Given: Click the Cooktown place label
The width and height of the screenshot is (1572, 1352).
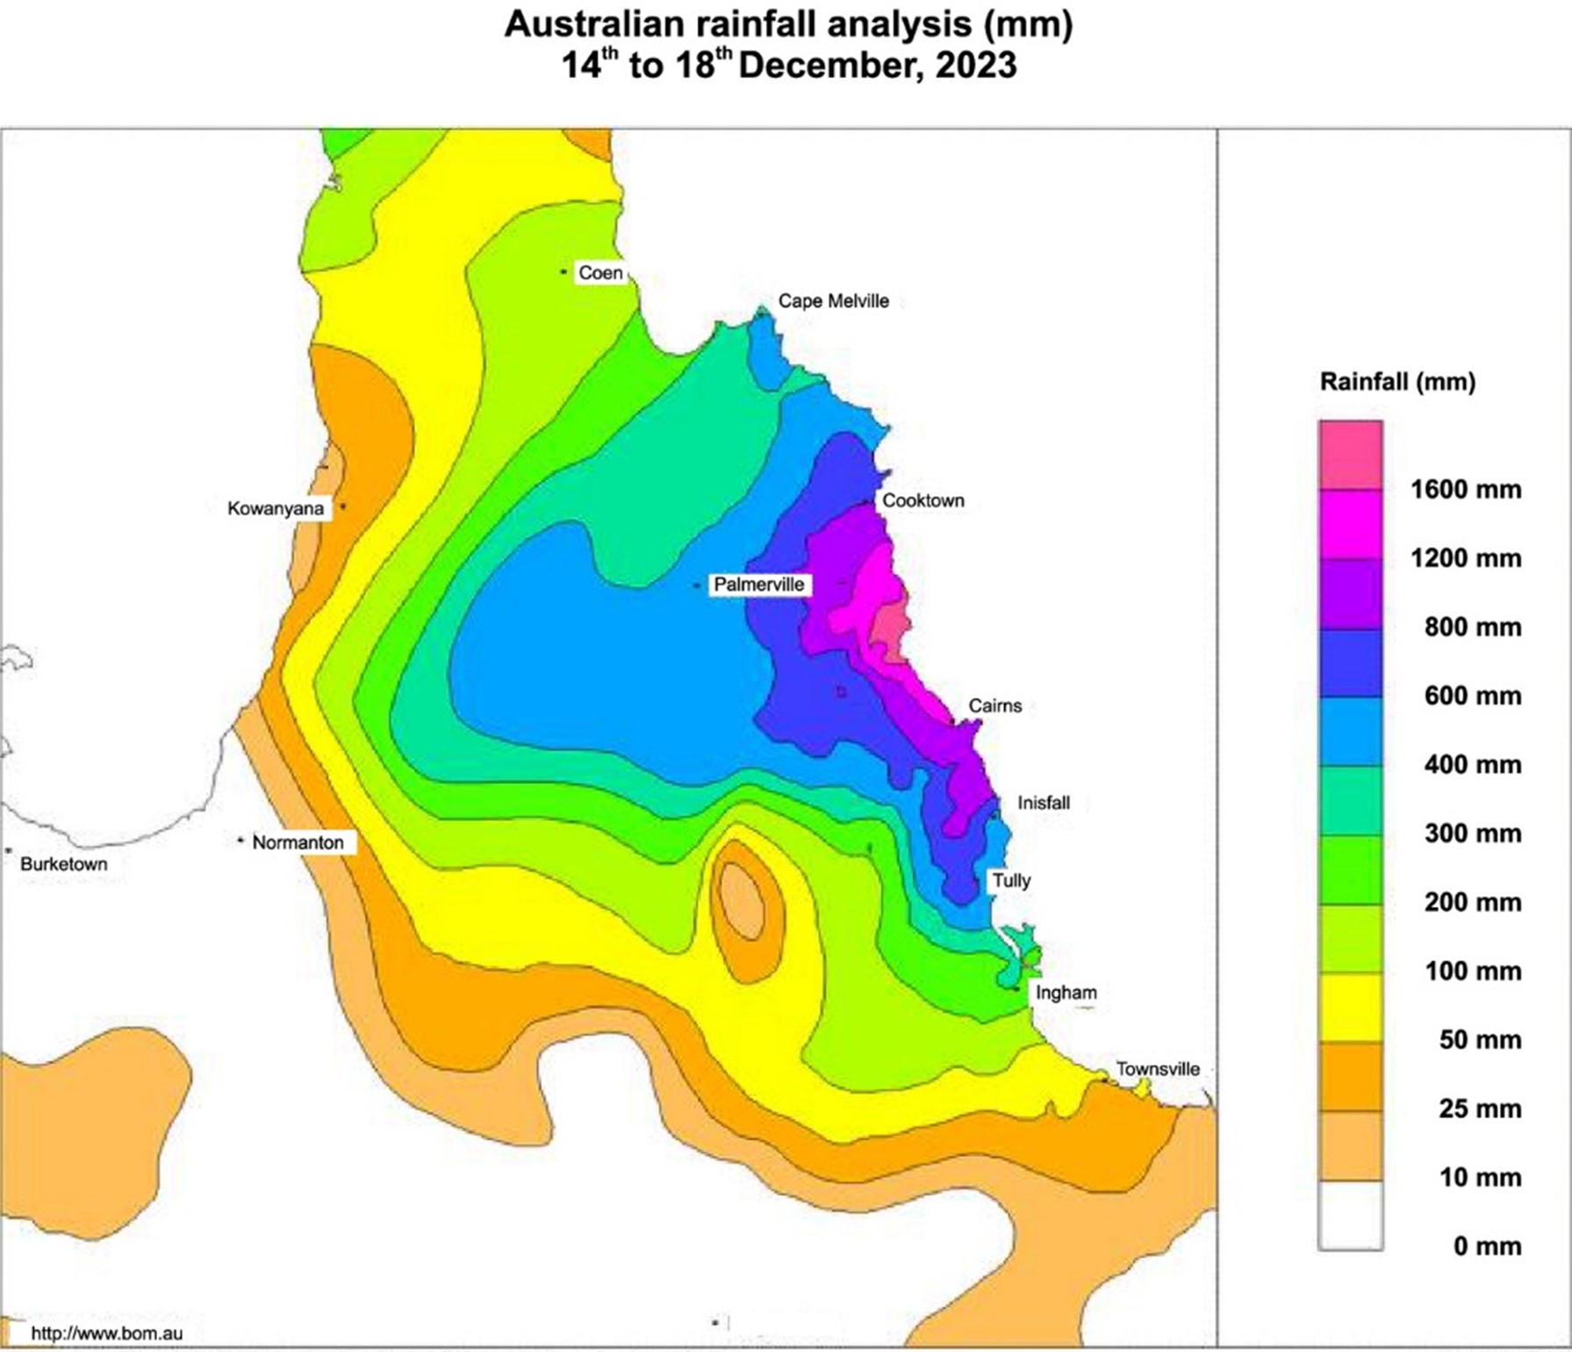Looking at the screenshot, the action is point(922,500).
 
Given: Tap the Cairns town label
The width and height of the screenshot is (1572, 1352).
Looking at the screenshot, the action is point(994,706).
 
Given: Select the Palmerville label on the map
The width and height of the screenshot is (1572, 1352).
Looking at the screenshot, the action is point(758,585).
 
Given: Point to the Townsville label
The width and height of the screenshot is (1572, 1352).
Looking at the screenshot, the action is point(1158,1068).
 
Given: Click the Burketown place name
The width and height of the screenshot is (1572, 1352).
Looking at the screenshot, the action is point(64,864).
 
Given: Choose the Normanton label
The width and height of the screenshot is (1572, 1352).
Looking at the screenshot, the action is point(298,843).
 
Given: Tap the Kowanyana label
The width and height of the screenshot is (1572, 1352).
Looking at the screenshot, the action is point(276,509).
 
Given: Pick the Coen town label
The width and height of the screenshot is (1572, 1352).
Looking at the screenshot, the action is point(600,273).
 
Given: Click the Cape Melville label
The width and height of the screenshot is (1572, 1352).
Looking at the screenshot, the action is point(834,301).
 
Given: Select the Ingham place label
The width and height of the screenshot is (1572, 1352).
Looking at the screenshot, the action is point(1066,993).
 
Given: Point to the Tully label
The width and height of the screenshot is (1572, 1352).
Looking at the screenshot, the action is point(1011,881).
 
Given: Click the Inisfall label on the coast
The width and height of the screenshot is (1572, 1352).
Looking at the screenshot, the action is point(1044,802).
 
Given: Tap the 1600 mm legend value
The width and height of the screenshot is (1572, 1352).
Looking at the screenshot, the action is point(1466,490).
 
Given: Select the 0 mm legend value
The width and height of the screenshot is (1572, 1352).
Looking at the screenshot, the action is point(1487,1246).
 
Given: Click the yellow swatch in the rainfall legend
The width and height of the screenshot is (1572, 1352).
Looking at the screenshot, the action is point(1350,1007).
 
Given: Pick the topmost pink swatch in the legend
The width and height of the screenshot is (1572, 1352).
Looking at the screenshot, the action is point(1350,455).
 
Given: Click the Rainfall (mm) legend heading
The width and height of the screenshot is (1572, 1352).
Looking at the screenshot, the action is point(1397,382).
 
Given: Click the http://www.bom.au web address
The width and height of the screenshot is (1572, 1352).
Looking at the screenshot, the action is point(107,1334).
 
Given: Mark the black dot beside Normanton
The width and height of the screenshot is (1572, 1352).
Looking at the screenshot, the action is point(240,841).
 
